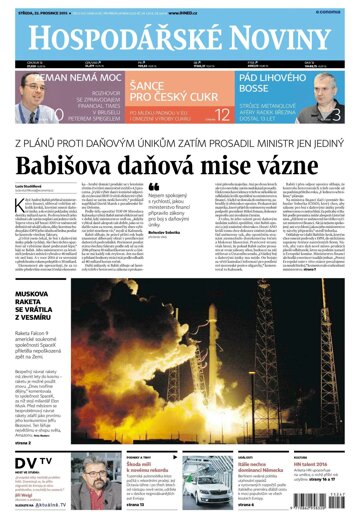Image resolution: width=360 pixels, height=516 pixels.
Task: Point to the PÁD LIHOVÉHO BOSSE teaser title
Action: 271,83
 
